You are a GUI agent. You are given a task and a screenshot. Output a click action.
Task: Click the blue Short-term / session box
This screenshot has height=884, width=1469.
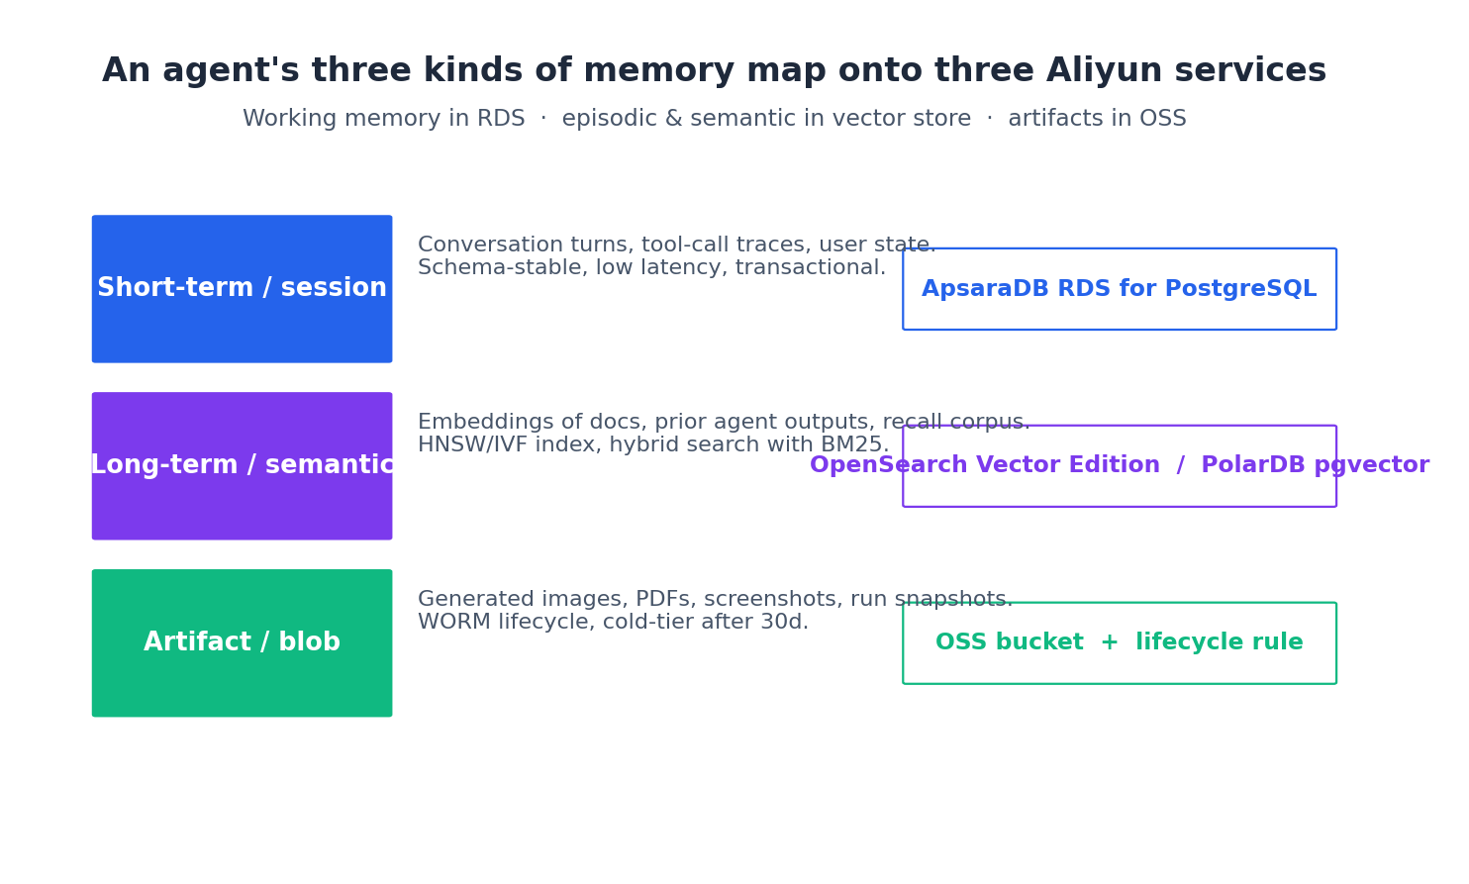242,289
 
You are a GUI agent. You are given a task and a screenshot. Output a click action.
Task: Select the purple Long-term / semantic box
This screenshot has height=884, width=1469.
242,466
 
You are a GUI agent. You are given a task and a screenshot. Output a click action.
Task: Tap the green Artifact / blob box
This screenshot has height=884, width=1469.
242,643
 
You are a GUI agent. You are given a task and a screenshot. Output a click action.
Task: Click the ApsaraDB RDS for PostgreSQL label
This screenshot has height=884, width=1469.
1119,289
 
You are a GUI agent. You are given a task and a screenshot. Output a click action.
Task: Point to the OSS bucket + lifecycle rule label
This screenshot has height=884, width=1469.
1119,643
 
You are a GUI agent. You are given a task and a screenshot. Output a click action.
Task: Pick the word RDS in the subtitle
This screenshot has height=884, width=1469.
500,120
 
